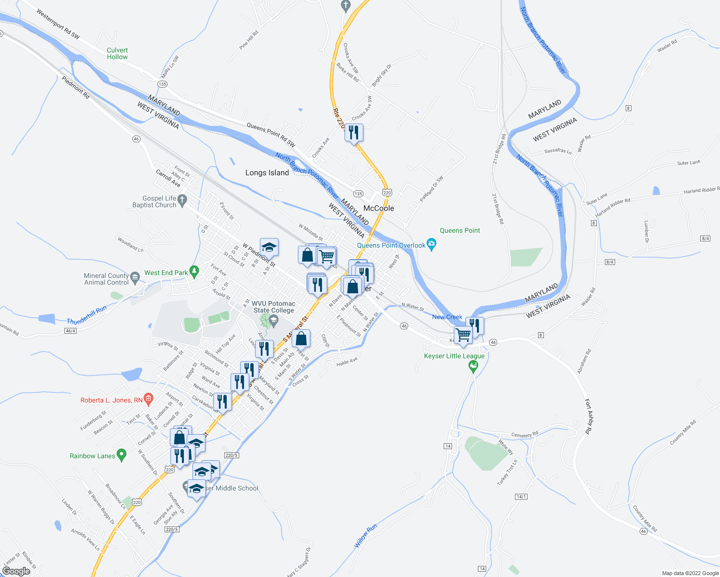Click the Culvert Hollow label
[x=117, y=53]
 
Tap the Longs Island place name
[x=267, y=173]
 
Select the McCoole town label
[x=379, y=208]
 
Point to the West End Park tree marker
[x=194, y=272]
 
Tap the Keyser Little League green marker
[x=473, y=367]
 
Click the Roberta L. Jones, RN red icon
[x=149, y=399]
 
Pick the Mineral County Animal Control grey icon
[x=135, y=276]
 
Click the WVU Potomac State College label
[x=273, y=307]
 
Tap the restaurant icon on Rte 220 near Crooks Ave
[x=354, y=133]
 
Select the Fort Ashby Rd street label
[x=589, y=416]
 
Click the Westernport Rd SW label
[x=58, y=24]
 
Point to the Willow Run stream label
[x=366, y=536]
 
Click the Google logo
[x=16, y=571]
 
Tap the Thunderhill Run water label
[x=87, y=315]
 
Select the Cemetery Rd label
[x=525, y=435]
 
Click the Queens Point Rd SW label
[x=271, y=134]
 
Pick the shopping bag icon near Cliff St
[x=301, y=339]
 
